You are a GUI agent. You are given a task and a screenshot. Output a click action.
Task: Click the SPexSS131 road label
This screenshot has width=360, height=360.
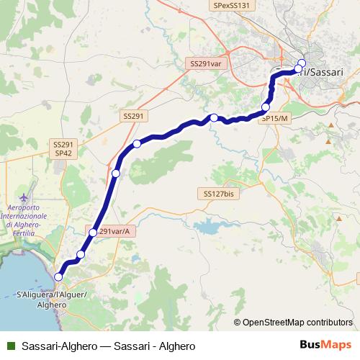pyautogui.click(x=232, y=5)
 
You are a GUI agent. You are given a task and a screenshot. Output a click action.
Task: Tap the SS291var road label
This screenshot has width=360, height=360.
pyautogui.click(x=205, y=63)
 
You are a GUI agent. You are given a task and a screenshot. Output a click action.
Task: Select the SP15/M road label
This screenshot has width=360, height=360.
pyautogui.click(x=275, y=118)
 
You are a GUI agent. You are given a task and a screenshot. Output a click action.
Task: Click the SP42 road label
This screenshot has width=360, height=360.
pyautogui.click(x=63, y=153)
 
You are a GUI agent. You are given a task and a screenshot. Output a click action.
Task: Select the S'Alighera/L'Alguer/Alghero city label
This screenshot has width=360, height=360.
pyautogui.click(x=51, y=300)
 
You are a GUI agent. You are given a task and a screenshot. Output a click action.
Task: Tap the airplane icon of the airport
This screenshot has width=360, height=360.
pyautogui.click(x=26, y=197)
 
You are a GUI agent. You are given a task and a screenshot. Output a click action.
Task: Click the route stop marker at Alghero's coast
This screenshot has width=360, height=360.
pyautogui.click(x=58, y=276)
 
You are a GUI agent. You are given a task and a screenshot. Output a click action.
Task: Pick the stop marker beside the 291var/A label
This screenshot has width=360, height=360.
pyautogui.click(x=92, y=233)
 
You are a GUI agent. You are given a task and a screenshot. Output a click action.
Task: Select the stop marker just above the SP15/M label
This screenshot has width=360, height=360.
pyautogui.click(x=266, y=107)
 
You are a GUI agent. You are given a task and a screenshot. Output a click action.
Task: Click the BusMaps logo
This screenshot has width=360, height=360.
pyautogui.click(x=326, y=346)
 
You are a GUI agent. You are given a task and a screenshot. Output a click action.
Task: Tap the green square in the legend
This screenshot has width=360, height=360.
pyautogui.click(x=11, y=346)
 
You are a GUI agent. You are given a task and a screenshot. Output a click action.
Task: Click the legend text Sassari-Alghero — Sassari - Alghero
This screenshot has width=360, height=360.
pyautogui.click(x=108, y=346)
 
